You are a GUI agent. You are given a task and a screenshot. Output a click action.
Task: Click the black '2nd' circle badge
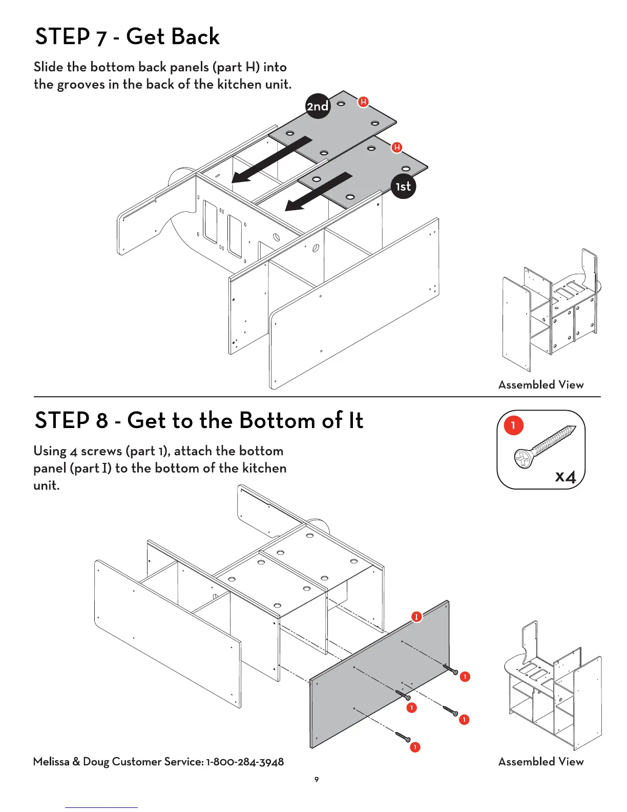318,106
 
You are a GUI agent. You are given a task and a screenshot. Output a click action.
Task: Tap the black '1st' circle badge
403,186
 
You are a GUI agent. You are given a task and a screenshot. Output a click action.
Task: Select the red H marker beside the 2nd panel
363,101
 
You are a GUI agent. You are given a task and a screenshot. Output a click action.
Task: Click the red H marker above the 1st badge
396,147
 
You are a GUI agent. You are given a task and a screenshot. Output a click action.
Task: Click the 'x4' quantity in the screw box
566,476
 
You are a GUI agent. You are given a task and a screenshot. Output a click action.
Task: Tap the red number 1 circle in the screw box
513,425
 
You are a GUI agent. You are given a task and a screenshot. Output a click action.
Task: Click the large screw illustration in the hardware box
545,446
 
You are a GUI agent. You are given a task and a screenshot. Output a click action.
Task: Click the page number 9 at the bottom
316,779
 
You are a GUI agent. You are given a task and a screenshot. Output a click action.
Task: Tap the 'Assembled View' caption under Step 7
541,384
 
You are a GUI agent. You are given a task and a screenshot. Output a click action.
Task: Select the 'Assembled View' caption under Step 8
541,761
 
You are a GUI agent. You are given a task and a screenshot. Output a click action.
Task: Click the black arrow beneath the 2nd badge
272,160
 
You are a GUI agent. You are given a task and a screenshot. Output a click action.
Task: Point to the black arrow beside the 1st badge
319,192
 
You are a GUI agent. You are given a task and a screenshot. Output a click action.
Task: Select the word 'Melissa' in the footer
51,761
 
